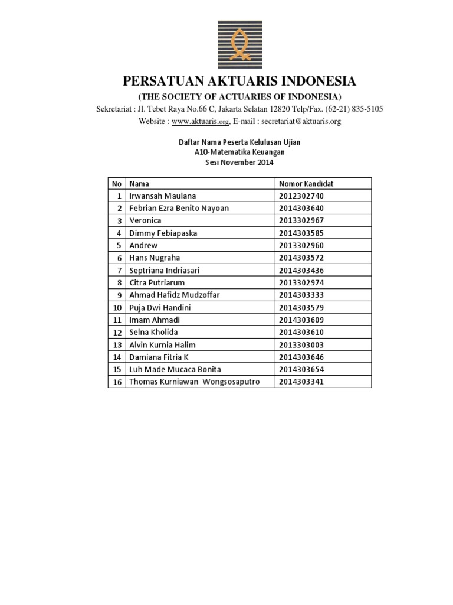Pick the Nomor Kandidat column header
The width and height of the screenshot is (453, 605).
pos(306,184)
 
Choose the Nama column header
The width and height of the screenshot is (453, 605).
pos(139,184)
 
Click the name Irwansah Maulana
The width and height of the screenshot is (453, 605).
pos(163,196)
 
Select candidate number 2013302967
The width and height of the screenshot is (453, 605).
pos(302,220)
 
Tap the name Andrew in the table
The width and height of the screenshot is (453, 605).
pos(143,245)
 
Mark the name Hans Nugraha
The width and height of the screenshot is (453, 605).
pos(155,258)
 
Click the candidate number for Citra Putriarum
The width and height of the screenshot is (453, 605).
pos(302,282)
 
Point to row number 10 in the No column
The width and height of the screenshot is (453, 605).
pos(117,308)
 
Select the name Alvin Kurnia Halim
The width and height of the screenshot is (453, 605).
pos(162,345)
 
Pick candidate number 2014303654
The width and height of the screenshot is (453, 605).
pos(302,370)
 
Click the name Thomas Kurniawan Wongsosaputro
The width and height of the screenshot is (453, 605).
pos(194,382)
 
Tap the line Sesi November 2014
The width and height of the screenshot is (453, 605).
pos(239,162)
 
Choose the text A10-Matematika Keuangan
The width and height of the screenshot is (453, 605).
pos(239,152)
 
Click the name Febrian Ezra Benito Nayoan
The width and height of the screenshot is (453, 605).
pos(179,208)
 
